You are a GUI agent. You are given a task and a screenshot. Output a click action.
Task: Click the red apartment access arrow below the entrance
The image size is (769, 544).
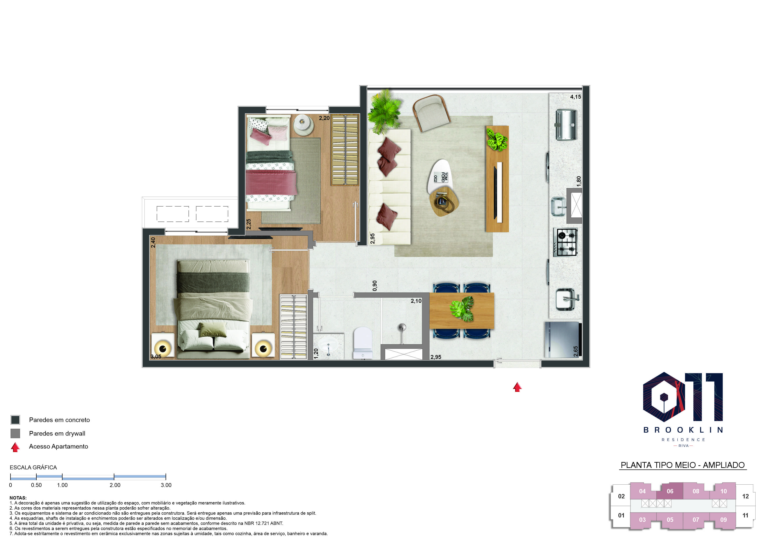518,387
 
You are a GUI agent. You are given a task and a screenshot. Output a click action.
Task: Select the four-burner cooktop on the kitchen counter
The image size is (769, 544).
565,242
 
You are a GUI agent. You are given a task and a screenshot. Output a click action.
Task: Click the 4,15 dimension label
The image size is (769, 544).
576,97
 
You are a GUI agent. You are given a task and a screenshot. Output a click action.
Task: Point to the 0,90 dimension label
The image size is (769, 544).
375,286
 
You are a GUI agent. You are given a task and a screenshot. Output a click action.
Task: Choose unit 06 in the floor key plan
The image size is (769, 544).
670,491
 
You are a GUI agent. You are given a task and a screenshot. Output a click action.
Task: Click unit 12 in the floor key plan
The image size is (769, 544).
746,496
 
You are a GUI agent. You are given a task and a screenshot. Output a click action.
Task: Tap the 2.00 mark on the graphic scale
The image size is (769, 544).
115,485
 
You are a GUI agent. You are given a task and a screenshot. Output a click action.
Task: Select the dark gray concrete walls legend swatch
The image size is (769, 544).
15,420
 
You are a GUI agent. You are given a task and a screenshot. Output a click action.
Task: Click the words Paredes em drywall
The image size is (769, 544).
57,433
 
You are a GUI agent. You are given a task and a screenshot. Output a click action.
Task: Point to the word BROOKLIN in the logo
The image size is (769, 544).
683,430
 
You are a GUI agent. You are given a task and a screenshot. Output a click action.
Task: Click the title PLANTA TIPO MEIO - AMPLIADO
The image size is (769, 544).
683,465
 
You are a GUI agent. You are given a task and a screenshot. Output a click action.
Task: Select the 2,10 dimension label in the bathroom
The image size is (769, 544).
416,301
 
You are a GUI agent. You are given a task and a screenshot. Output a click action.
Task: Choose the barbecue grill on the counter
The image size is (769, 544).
566,125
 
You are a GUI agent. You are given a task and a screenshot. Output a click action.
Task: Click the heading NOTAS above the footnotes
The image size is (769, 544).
18,498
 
